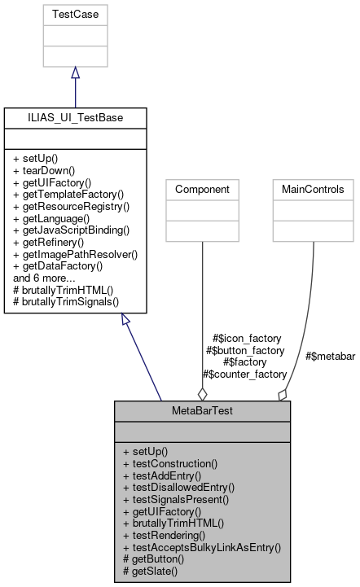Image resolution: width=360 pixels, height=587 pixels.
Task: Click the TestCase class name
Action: (x=75, y=15)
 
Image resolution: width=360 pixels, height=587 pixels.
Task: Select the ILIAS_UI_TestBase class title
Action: (x=75, y=117)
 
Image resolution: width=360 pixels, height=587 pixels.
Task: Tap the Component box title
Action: (x=202, y=188)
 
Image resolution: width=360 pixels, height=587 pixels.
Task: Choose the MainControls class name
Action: (x=313, y=188)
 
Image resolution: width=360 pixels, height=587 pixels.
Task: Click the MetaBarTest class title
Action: (x=202, y=411)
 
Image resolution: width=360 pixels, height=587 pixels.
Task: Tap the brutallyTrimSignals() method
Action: (x=66, y=301)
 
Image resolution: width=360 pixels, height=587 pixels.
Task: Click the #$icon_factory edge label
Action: (x=246, y=338)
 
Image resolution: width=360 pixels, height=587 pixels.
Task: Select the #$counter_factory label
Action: (x=244, y=375)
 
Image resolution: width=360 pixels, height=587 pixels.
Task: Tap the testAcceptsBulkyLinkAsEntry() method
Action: (x=201, y=548)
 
